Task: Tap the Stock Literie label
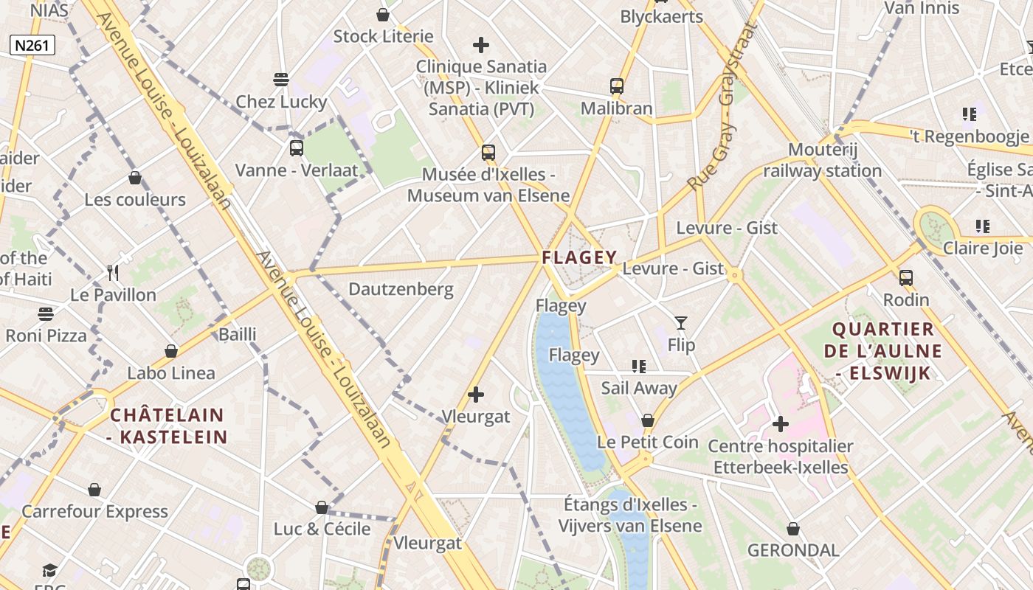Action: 383,36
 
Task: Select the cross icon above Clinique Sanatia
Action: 481,45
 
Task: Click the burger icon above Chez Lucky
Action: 280,79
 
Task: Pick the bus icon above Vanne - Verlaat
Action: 297,147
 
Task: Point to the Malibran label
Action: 616,108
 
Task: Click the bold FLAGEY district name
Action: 579,257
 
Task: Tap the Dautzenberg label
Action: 401,288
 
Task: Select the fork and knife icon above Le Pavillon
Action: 113,273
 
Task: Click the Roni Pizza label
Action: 46,336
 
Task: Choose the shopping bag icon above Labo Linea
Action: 171,350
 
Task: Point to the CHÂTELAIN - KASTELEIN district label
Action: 168,426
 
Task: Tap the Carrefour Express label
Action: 94,511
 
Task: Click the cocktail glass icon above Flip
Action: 680,322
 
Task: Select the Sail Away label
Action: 638,388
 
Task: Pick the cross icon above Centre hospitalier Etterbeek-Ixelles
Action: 780,424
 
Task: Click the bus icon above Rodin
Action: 906,278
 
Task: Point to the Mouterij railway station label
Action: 822,160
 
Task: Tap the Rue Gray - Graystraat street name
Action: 723,107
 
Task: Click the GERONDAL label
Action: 793,550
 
